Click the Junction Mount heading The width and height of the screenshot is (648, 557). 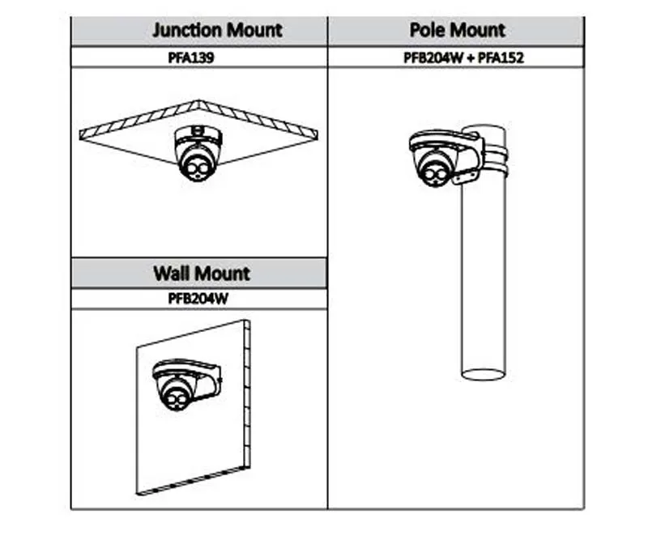pyautogui.click(x=217, y=31)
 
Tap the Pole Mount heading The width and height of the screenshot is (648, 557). pyautogui.click(x=456, y=31)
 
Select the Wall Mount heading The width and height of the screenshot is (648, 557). pyautogui.click(x=201, y=273)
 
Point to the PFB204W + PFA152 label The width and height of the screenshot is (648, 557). pyautogui.click(x=456, y=57)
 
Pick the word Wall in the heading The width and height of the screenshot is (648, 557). pyautogui.click(x=173, y=273)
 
